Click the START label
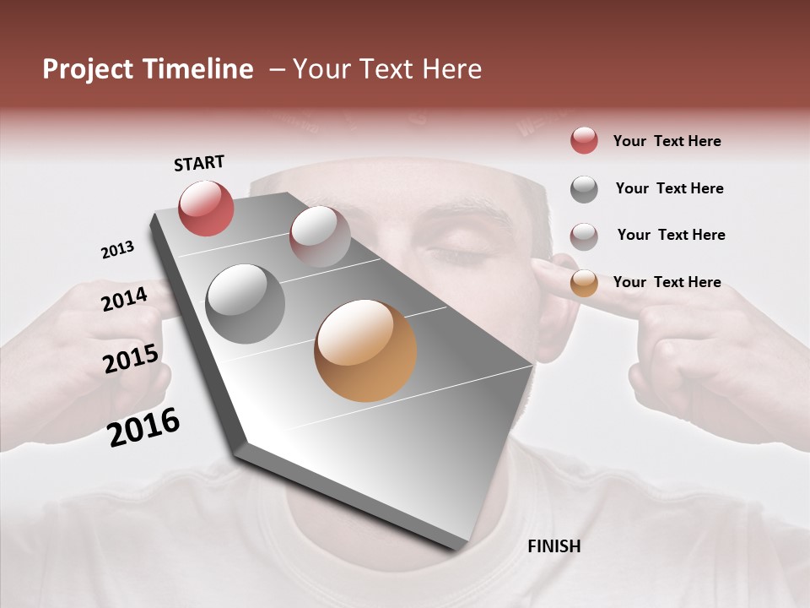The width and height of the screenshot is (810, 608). point(199,163)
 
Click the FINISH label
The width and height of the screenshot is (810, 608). point(553,546)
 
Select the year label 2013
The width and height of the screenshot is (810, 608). point(117,250)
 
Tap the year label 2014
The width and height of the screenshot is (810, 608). point(124,299)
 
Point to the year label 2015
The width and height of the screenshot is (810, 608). point(131,360)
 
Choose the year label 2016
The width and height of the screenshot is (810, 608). point(143,427)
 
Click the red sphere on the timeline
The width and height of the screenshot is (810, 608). point(206,208)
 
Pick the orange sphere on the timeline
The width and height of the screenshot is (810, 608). point(365,350)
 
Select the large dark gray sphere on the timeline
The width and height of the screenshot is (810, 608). point(245,304)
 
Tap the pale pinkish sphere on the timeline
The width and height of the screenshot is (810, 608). point(320,236)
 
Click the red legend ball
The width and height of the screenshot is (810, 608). point(584,140)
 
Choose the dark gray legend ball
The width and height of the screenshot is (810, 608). point(584,189)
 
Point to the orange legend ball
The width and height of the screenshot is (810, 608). point(584,283)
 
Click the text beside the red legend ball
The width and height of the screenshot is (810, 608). point(667,141)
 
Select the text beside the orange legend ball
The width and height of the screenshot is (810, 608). point(667,282)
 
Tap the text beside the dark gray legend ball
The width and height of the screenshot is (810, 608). point(669,188)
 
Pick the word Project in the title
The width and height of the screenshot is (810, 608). point(88,69)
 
